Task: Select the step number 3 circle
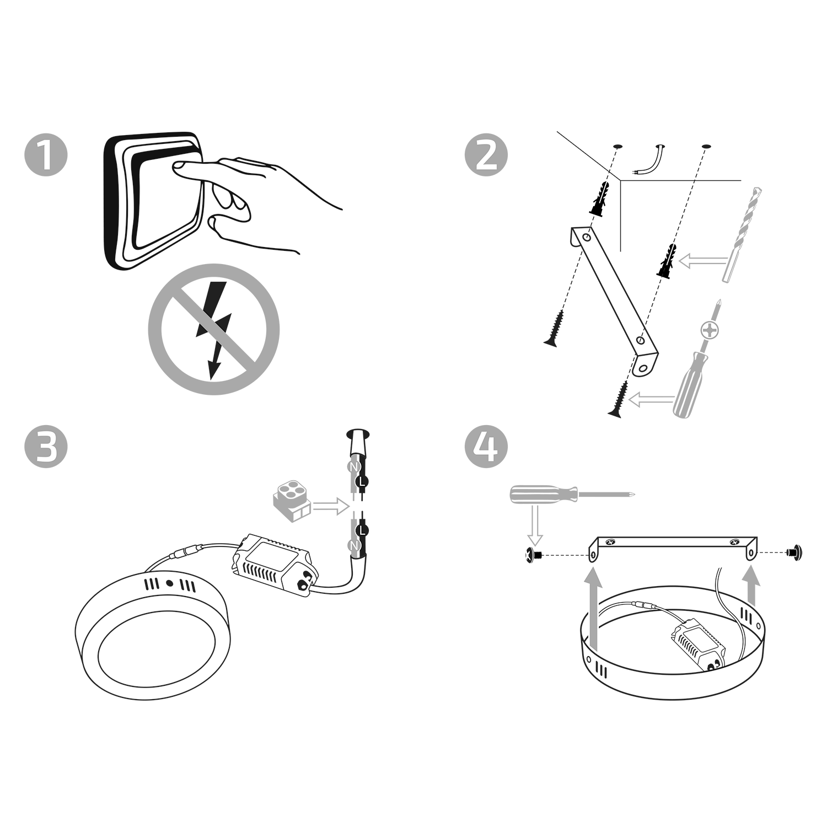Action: point(46,447)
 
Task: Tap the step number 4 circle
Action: point(486,447)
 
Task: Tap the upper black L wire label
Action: point(362,482)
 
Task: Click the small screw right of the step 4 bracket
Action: point(794,550)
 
